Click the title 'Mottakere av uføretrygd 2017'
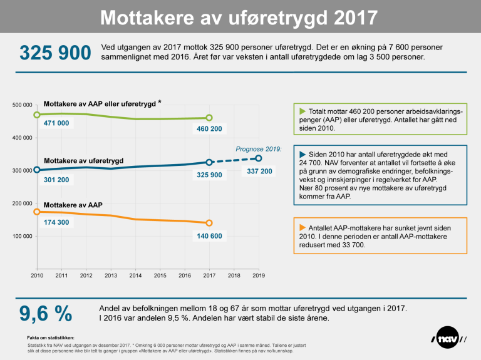[x=240, y=17]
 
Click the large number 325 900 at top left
[x=55, y=53]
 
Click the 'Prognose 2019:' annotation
[x=259, y=149]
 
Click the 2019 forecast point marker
[x=258, y=158]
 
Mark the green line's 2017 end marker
[x=209, y=118]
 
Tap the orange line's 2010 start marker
[x=37, y=212]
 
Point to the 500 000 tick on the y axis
[x=23, y=105]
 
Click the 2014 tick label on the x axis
[x=135, y=275]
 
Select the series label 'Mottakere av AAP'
[x=73, y=205]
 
